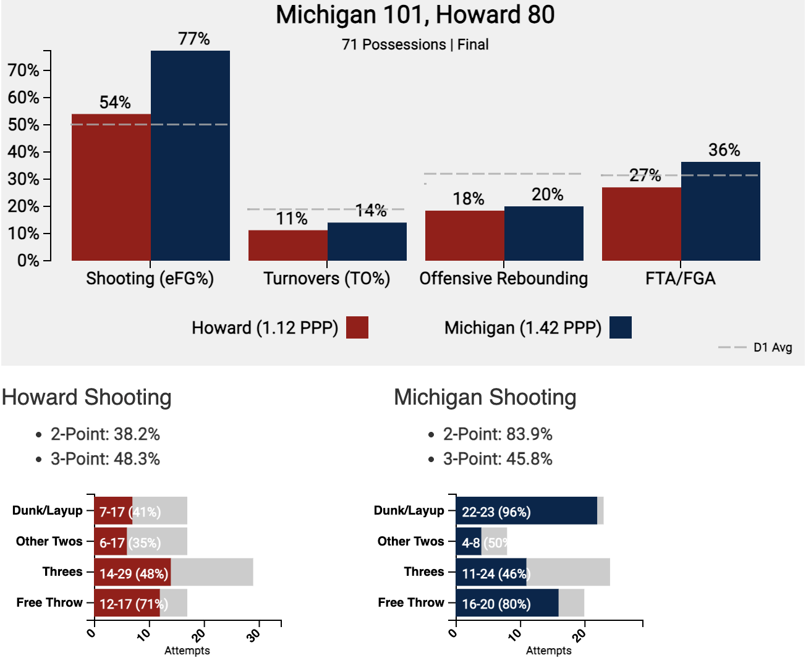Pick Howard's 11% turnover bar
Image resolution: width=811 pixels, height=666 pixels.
click(x=288, y=245)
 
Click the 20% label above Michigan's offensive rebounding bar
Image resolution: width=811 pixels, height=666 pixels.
click(x=547, y=195)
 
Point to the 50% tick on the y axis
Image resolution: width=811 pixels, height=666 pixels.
click(x=23, y=125)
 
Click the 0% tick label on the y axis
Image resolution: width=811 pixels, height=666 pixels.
click(x=28, y=261)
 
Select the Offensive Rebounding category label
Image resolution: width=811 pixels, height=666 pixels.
click(x=503, y=279)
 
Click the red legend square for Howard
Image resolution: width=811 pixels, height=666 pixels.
click(x=357, y=327)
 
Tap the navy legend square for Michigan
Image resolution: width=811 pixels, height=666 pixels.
click(x=621, y=327)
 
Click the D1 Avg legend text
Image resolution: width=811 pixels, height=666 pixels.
click(x=773, y=347)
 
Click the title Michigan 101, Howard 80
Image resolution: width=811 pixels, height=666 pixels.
click(x=415, y=15)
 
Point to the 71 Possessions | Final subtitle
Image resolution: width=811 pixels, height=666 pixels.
click(x=415, y=44)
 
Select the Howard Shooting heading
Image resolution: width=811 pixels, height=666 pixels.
click(x=87, y=397)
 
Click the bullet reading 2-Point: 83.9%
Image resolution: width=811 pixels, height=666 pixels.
click(x=498, y=434)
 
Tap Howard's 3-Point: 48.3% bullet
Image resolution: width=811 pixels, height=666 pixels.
click(x=105, y=459)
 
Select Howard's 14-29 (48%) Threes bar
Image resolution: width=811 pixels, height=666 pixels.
click(x=133, y=573)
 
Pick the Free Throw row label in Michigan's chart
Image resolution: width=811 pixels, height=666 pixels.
click(x=411, y=602)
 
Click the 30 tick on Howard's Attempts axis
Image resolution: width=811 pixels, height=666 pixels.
click(x=253, y=634)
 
